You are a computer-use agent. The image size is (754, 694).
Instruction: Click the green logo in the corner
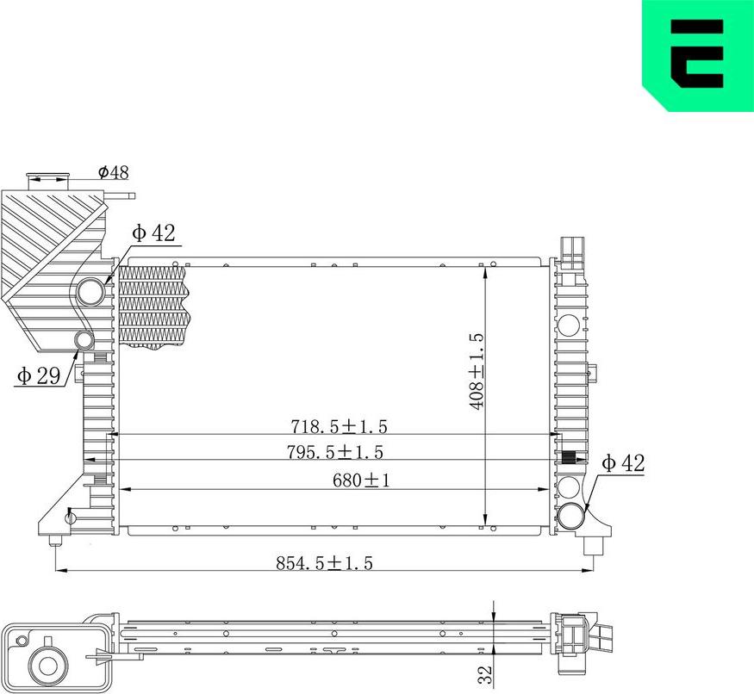698,56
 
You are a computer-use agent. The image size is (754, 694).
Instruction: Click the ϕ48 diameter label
114,172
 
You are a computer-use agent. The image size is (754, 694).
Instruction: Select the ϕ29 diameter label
36,375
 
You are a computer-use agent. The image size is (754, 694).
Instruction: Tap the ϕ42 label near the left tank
153,232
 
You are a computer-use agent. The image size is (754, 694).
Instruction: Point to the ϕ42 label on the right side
623,463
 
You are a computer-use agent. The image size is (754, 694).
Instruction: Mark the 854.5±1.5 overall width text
324,563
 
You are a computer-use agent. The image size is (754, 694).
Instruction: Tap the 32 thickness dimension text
484,672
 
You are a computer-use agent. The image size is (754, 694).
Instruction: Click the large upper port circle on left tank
91,293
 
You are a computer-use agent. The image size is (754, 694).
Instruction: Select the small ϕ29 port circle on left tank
84,341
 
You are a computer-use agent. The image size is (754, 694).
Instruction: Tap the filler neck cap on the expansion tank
47,178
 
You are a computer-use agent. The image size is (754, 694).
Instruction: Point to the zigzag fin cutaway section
153,306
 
